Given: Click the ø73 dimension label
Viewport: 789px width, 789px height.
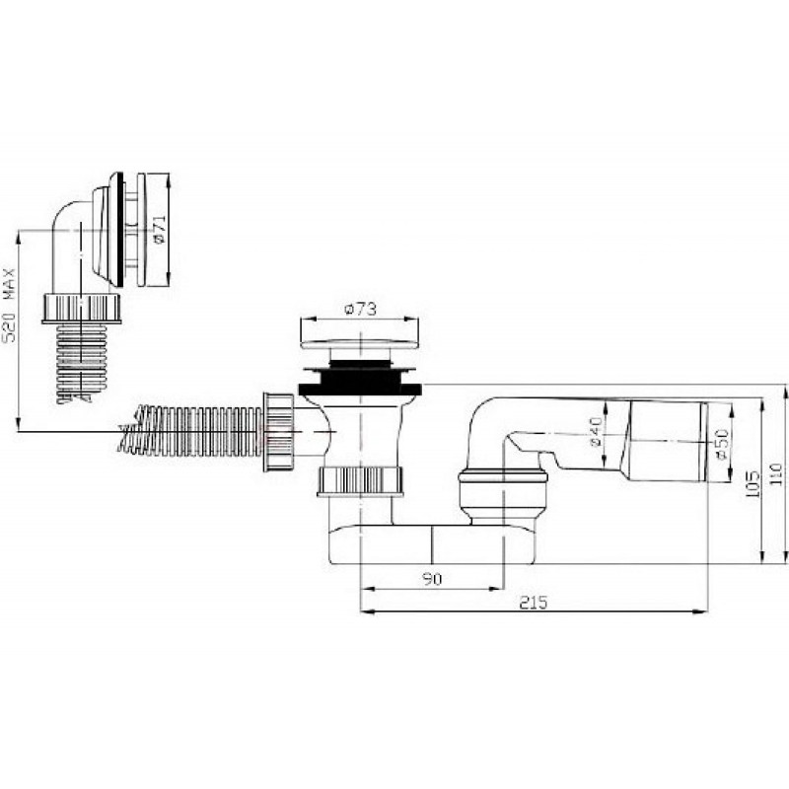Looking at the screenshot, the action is point(360,309).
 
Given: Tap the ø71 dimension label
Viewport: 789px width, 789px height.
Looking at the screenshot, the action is point(160,230).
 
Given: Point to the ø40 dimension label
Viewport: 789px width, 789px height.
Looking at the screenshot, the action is point(595,432).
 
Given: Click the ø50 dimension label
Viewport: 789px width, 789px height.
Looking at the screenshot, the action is point(721,445).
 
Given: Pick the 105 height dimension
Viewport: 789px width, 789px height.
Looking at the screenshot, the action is point(753,484).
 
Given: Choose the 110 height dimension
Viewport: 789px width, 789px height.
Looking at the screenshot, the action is point(777,473).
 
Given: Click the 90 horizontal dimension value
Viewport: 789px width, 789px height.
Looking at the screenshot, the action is point(432,579).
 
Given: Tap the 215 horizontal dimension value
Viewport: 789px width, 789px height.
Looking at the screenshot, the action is point(534,603).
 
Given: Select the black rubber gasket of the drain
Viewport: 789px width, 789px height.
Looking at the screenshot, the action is point(360,382).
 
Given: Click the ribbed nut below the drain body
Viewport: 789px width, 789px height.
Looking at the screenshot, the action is point(360,481).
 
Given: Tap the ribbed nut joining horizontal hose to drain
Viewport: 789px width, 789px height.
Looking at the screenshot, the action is point(278,432).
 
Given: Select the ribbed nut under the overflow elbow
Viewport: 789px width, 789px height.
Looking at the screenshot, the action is point(82,308).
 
